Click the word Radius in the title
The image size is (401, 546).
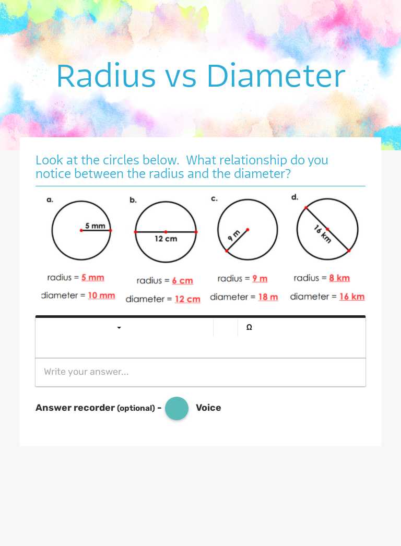(x=105, y=76)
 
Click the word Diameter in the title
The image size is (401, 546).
(x=275, y=76)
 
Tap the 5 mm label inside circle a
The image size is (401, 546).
(x=95, y=226)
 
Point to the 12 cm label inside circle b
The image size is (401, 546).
(x=166, y=239)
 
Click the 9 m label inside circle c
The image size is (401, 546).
(x=233, y=236)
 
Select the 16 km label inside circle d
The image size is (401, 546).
(x=323, y=233)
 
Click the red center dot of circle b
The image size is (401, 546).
(x=166, y=232)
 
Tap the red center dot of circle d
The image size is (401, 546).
(x=327, y=229)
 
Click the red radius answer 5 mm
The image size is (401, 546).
(x=92, y=278)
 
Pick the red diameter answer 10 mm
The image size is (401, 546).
(x=101, y=295)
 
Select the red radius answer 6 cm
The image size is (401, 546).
(x=182, y=281)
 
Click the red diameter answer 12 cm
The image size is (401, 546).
(x=187, y=299)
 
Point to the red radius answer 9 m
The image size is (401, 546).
(x=260, y=279)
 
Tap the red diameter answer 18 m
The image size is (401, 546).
(x=268, y=297)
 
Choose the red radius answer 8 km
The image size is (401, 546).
(x=339, y=278)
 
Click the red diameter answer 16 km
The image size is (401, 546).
(x=352, y=296)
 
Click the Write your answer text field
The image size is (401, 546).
(x=200, y=372)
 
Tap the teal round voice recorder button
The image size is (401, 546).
(x=177, y=408)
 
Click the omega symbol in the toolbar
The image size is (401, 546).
(x=249, y=328)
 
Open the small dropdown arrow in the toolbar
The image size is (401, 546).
(x=119, y=328)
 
